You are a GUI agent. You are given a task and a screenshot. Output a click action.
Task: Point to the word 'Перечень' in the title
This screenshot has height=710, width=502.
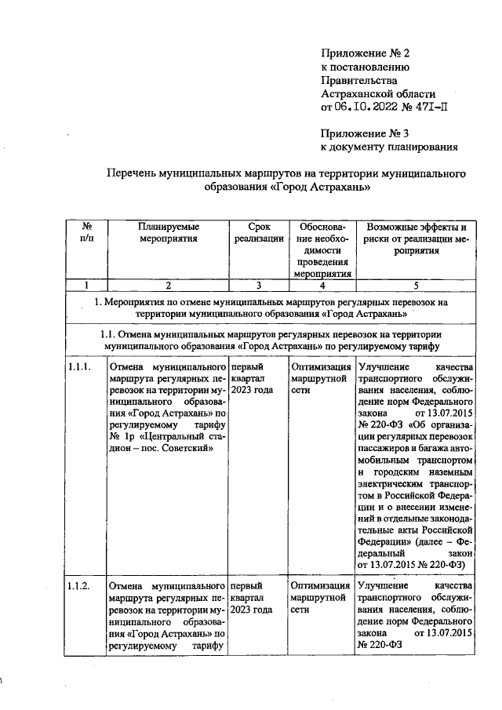click(130, 173)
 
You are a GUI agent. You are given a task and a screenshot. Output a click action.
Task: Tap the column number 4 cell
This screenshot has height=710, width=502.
click(320, 285)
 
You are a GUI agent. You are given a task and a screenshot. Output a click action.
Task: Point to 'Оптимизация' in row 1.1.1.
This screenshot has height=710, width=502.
click(320, 366)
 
